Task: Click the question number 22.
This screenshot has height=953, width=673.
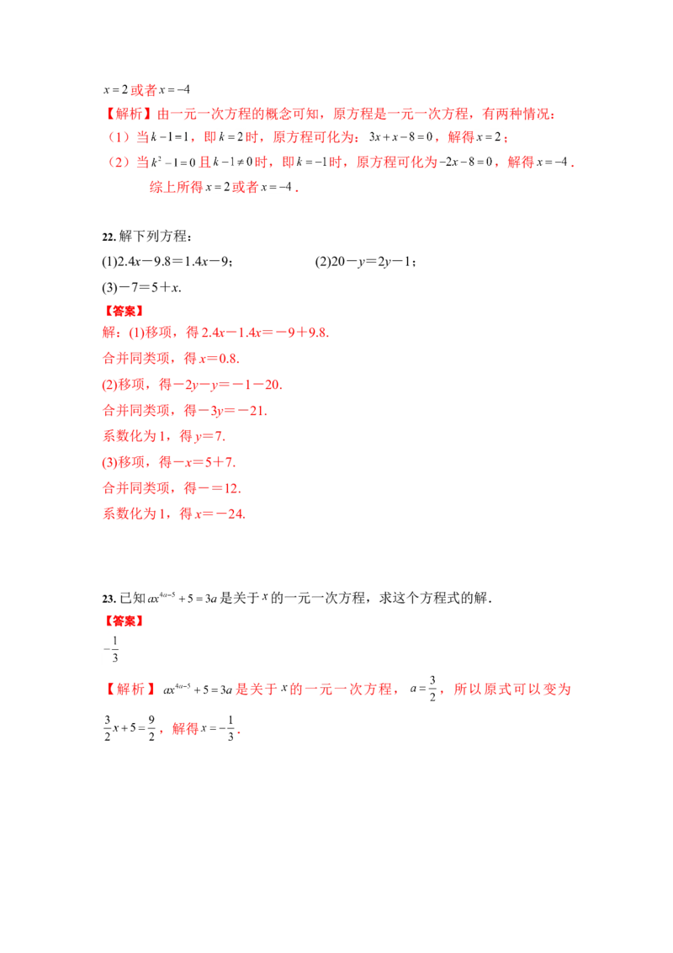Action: pyautogui.click(x=109, y=237)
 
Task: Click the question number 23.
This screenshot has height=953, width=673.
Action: pyautogui.click(x=109, y=599)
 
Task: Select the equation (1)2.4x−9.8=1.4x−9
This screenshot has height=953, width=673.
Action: pyautogui.click(x=167, y=262)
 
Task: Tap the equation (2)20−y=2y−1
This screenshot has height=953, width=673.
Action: pyautogui.click(x=365, y=262)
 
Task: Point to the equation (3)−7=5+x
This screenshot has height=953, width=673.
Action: pyautogui.click(x=141, y=287)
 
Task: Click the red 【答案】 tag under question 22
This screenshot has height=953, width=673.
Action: pyautogui.click(x=124, y=311)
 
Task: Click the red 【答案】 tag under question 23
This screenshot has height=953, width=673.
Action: pyautogui.click(x=124, y=621)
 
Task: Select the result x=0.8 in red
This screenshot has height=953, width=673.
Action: pyautogui.click(x=219, y=359)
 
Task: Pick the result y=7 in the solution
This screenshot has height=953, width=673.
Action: pyautogui.click(x=209, y=436)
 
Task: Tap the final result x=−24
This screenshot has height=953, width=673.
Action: pyautogui.click(x=220, y=514)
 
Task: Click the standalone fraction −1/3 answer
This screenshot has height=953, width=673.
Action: pyautogui.click(x=111, y=650)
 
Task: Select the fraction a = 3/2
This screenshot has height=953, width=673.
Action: pyautogui.click(x=424, y=689)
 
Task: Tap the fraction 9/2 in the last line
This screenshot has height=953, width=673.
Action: pyautogui.click(x=151, y=727)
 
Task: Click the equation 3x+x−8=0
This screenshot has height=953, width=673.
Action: pyautogui.click(x=401, y=137)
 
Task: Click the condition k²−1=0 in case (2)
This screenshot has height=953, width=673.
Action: pyautogui.click(x=173, y=162)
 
